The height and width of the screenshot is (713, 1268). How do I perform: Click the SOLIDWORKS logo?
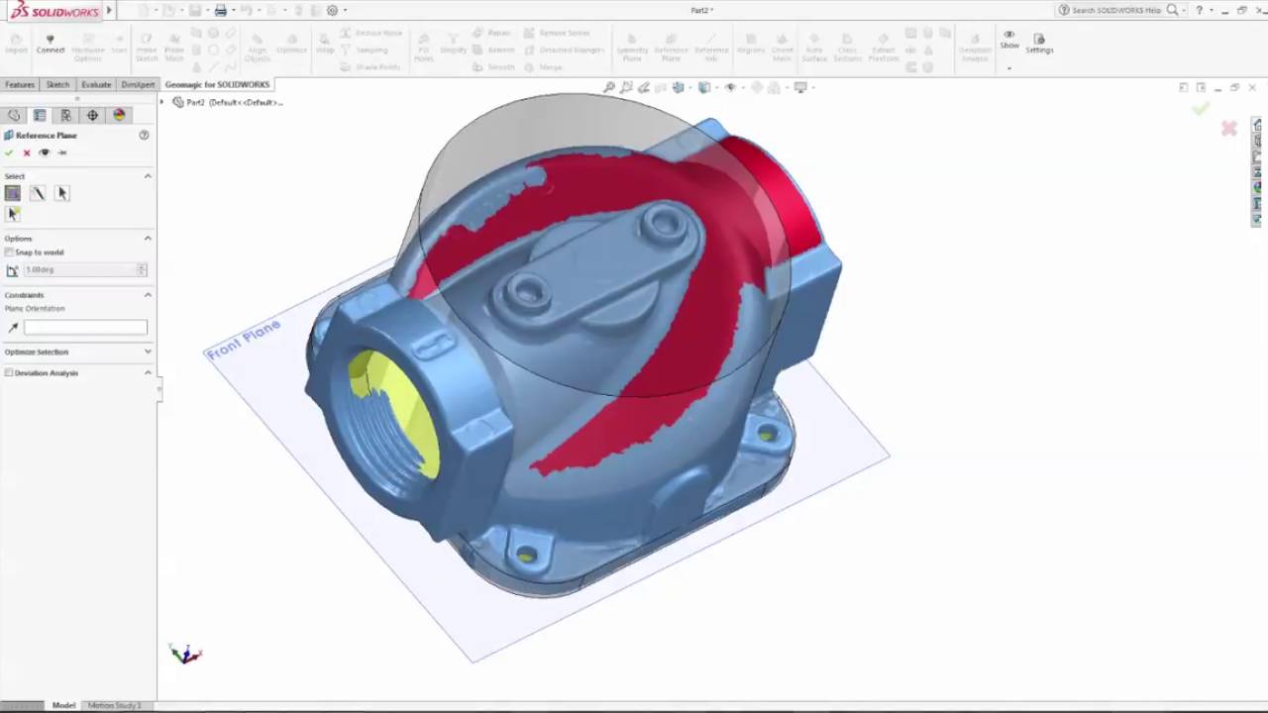(54, 11)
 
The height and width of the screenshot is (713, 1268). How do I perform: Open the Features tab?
(20, 85)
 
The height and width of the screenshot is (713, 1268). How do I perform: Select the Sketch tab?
(57, 85)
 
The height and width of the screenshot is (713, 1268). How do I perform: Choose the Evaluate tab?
(96, 85)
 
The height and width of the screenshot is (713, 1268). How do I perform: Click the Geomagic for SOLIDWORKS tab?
(217, 85)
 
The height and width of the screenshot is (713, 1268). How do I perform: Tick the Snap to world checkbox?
(10, 253)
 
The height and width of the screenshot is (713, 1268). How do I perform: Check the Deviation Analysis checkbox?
(10, 373)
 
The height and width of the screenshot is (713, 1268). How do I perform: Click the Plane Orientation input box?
(85, 327)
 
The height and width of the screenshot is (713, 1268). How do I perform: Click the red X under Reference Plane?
(27, 153)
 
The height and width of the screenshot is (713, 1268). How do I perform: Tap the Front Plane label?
(244, 339)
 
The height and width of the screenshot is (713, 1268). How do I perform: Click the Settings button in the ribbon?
(1039, 43)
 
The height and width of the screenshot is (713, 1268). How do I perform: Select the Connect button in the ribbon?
(50, 44)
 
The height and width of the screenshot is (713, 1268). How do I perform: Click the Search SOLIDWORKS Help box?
(1115, 10)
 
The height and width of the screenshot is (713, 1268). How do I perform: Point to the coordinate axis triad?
(185, 654)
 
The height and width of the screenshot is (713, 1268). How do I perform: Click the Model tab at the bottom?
(63, 705)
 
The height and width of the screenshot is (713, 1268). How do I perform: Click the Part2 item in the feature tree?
(195, 102)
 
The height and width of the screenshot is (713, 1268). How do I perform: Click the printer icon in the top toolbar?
(221, 10)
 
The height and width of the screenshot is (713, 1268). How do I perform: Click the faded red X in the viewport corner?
(1228, 129)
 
